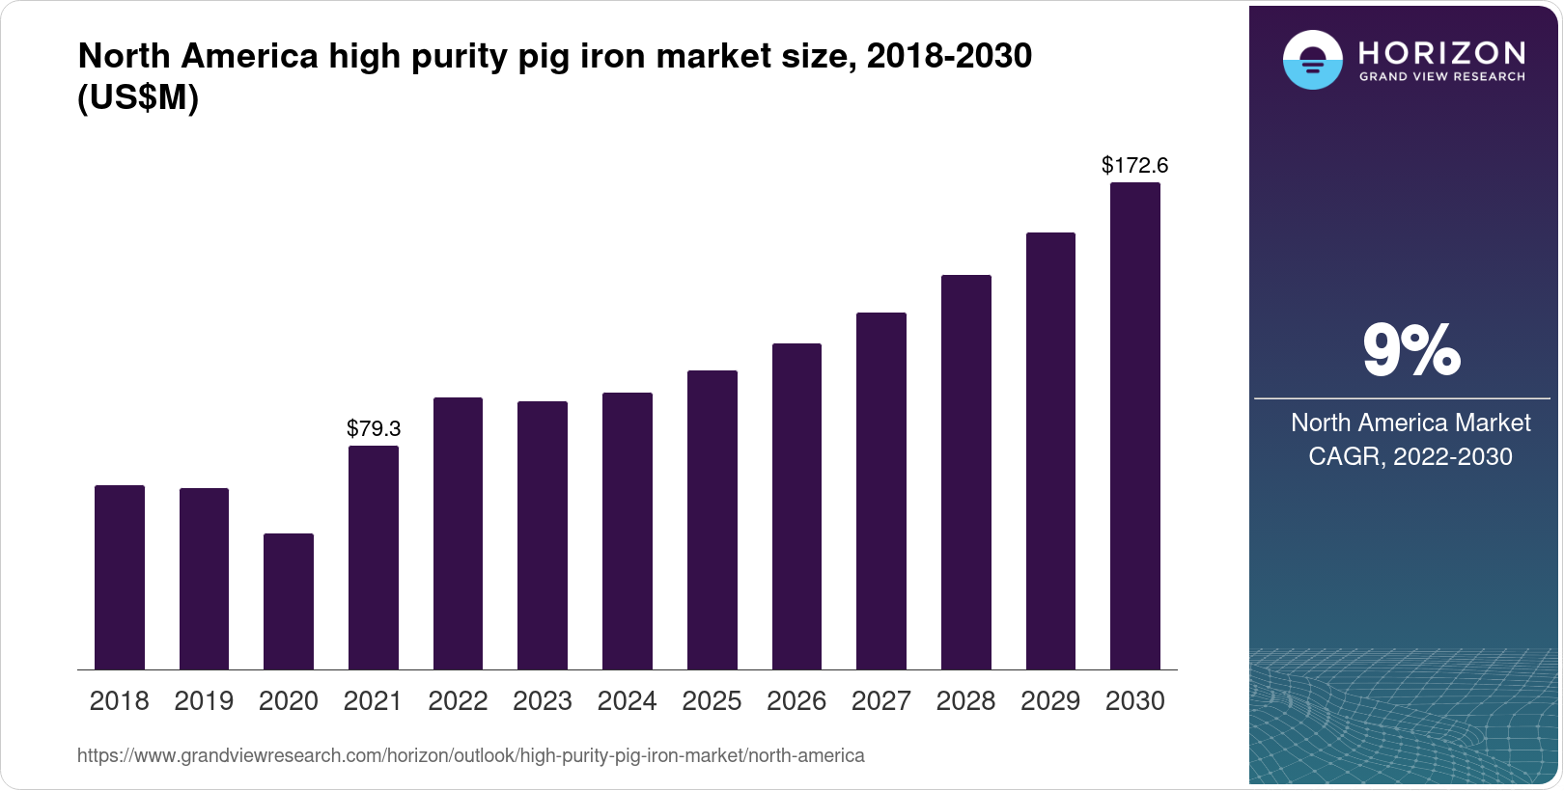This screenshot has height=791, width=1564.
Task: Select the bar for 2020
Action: click(289, 601)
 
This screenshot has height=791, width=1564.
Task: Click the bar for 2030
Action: click(1135, 425)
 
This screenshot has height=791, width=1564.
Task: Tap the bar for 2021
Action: click(374, 558)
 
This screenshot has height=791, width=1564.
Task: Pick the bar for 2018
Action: click(120, 577)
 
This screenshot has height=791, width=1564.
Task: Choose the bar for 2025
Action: click(712, 520)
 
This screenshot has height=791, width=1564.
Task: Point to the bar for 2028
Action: click(966, 472)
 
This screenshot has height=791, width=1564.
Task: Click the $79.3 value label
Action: click(374, 428)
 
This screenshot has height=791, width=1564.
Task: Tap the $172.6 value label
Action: click(1134, 166)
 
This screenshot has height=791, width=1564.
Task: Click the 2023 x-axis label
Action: click(543, 701)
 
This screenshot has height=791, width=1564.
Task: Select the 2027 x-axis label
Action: click(881, 701)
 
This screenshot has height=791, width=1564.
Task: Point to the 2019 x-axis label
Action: click(204, 701)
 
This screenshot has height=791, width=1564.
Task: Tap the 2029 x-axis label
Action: click(1050, 701)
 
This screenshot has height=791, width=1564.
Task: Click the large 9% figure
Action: click(1410, 350)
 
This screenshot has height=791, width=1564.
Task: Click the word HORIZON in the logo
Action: click(1442, 52)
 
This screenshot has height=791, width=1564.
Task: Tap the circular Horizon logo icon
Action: click(1312, 60)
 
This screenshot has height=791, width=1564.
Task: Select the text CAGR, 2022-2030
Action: click(1410, 456)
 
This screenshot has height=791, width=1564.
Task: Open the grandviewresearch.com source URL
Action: click(471, 755)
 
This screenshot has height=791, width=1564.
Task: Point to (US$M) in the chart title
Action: click(138, 97)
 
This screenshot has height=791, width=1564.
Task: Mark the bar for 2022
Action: click(458, 533)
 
